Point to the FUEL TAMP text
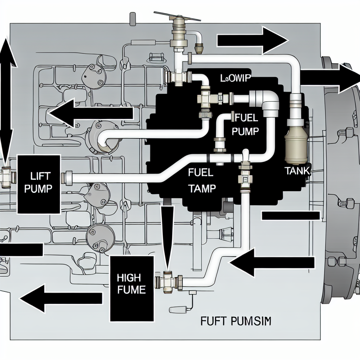tap(201, 180)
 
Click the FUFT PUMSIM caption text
tap(236, 321)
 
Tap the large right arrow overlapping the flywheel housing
tap(329, 78)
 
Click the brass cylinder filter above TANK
tap(296, 144)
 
